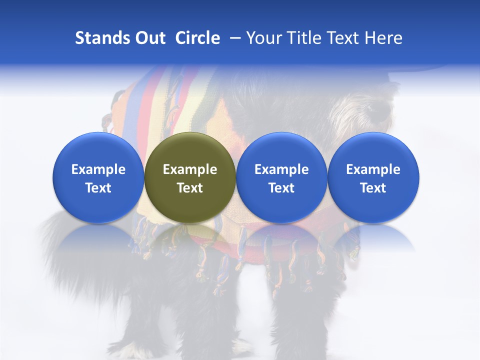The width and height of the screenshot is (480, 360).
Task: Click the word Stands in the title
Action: [102, 38]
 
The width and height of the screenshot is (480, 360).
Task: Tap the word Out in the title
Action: [149, 38]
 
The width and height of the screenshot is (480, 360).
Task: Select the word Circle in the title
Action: [197, 38]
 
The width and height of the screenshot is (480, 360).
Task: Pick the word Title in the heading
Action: [303, 38]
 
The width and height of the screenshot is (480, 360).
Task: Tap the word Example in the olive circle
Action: [189, 169]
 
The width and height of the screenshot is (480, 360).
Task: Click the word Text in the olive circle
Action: [189, 188]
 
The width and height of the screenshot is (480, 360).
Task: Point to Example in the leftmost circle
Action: [98, 169]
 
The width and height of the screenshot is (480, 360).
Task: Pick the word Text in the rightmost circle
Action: [373, 188]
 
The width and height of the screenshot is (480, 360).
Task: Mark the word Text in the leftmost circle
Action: [98, 188]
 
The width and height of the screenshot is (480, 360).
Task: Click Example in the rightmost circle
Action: [373, 169]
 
